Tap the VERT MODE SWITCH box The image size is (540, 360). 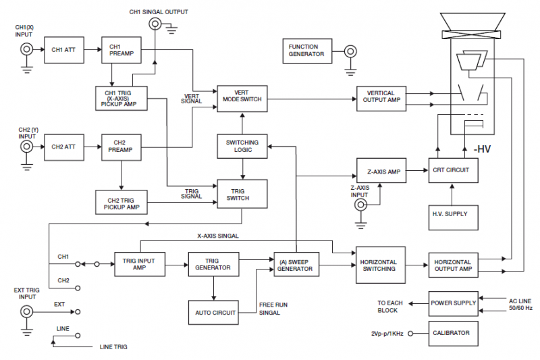coord(242,99)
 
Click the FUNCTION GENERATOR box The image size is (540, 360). coord(308,51)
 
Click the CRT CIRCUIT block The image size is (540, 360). coord(452,172)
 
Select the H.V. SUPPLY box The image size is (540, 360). coord(452,214)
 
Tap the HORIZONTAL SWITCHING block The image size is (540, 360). coord(379,266)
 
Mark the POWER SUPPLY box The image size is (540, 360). coord(453,303)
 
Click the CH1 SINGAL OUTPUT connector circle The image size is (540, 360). coord(155,24)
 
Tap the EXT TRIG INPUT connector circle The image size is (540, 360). coord(27,312)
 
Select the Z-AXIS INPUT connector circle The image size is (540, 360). coord(361,204)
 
